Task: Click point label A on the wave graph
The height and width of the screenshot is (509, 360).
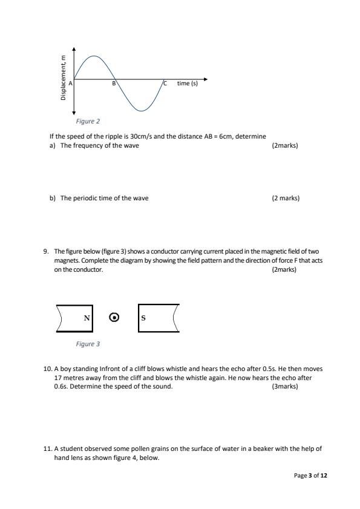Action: click(70, 83)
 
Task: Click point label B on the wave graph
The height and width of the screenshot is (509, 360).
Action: click(113, 84)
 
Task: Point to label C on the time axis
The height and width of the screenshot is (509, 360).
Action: click(163, 84)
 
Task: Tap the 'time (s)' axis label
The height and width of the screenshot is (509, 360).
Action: click(187, 84)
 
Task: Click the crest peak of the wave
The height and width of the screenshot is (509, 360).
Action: click(93, 56)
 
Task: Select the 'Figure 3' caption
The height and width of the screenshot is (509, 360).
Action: click(88, 344)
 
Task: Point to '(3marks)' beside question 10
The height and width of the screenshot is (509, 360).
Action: click(285, 386)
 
